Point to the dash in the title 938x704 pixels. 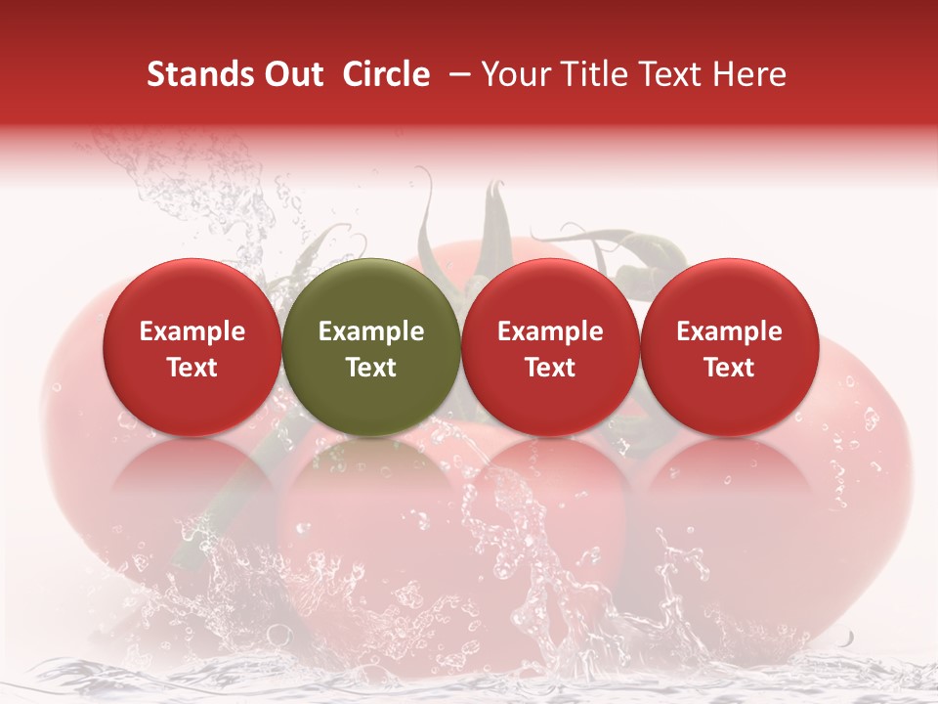pos(456,74)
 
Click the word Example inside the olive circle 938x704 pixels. pos(371,331)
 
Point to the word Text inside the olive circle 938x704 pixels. pos(371,368)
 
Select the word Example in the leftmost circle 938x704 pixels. pos(192,331)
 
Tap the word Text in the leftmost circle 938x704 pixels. pos(192,368)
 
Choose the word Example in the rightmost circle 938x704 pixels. pos(729,331)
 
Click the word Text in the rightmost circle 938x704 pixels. pos(729,368)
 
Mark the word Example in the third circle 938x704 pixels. pos(550,331)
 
